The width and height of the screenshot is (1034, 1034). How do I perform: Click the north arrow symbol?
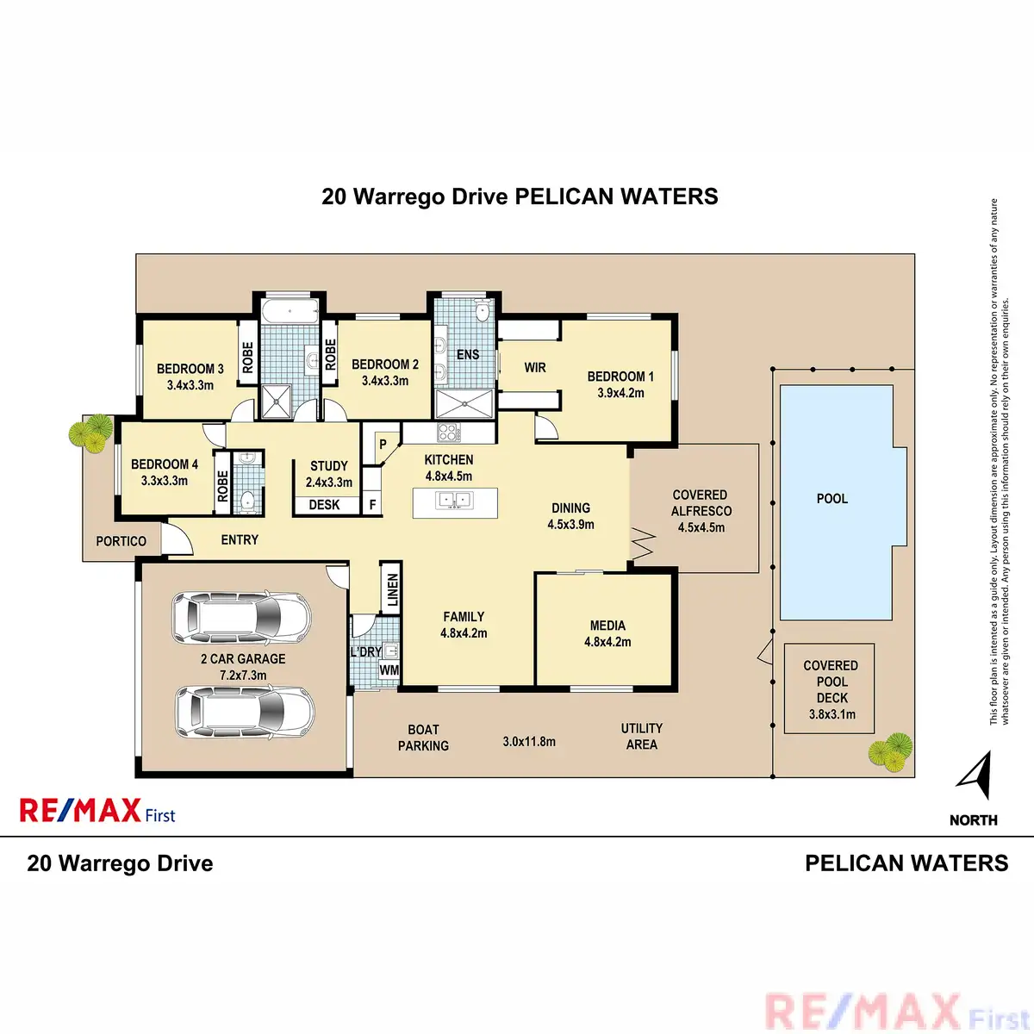(975, 775)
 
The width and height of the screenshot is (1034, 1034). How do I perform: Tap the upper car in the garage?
(241, 617)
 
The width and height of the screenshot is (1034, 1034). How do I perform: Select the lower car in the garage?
(244, 711)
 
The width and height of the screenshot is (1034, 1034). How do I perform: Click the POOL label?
(832, 499)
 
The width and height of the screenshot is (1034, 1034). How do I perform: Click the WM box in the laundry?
(389, 670)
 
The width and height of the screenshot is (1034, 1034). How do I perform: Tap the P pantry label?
(383, 445)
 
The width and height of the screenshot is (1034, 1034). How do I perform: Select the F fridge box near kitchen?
(372, 504)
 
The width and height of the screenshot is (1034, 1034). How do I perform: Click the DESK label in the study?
(324, 505)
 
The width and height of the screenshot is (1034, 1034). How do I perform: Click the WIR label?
(535, 368)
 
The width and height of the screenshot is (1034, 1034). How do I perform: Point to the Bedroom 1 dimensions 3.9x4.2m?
(620, 393)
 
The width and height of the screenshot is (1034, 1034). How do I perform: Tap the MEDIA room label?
(607, 626)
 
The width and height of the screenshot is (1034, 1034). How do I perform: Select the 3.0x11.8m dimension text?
(529, 741)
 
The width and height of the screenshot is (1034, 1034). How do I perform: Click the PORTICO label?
(121, 541)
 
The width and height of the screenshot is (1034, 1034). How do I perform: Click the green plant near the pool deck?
(890, 751)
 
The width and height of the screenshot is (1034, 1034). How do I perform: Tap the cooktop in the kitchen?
(449, 432)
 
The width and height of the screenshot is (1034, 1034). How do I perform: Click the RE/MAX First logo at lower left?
(97, 812)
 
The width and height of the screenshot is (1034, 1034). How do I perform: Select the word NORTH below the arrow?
(973, 820)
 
